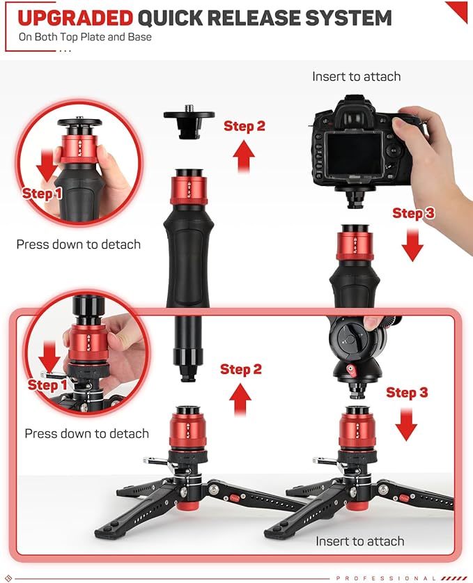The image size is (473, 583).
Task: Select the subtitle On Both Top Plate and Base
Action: (85, 37)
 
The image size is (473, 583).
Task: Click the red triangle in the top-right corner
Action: (458, 10)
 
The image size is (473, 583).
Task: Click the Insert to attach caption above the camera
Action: (356, 77)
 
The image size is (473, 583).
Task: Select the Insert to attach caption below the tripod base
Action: (359, 541)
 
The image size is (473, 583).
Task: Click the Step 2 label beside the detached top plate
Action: (245, 126)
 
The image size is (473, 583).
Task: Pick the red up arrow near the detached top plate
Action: (244, 157)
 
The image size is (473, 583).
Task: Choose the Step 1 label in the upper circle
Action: (42, 194)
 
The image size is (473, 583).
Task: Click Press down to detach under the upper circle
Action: (78, 244)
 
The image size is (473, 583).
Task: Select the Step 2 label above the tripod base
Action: (241, 369)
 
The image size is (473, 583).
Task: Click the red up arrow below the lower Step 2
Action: (240, 400)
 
